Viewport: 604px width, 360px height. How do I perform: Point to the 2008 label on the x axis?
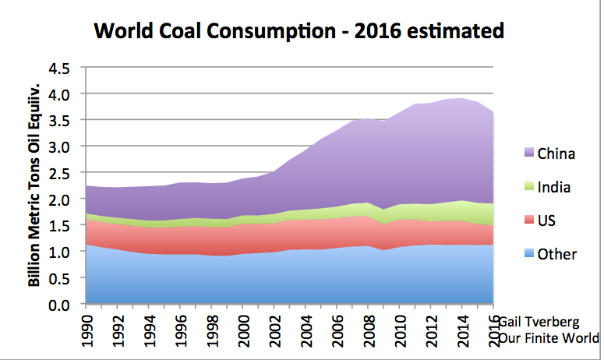pos(371,328)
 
